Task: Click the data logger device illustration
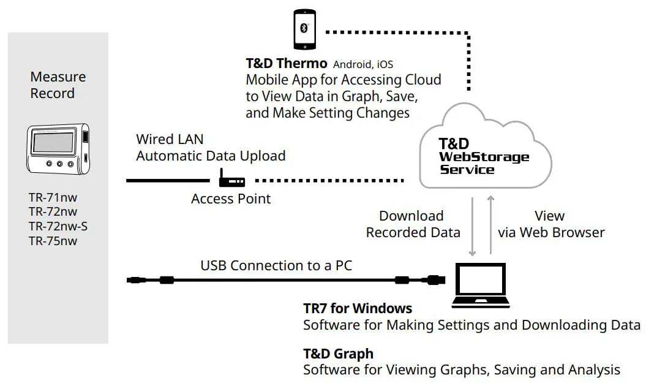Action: point(58,149)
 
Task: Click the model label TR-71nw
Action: point(53,197)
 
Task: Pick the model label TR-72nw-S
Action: point(58,226)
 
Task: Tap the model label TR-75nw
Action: point(53,241)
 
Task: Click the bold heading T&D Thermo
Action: point(286,63)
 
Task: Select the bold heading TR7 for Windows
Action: point(358,308)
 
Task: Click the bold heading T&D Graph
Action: point(338,354)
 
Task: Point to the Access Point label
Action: point(231,199)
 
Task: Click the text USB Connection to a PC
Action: point(276,266)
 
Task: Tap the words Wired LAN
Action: point(170,139)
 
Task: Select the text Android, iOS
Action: point(363,64)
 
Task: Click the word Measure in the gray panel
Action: point(58,77)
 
